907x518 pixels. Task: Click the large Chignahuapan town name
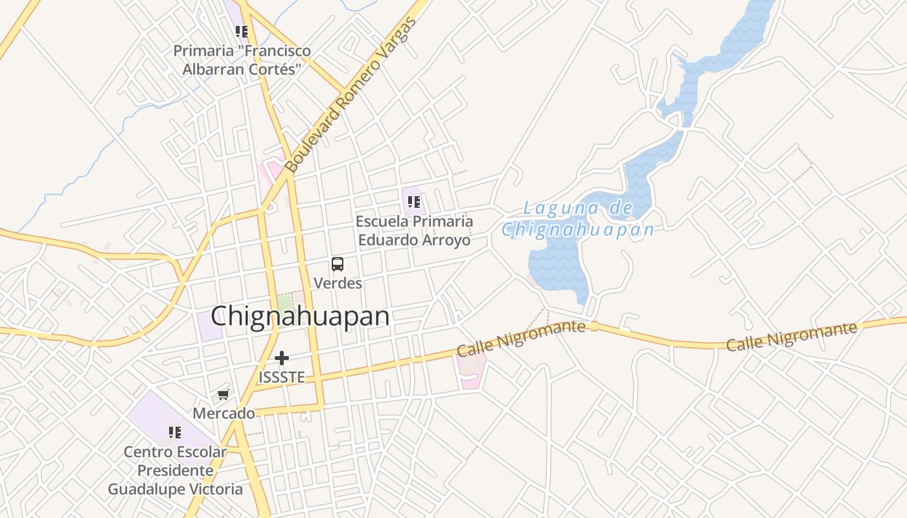point(300,316)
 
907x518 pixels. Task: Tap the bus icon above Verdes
point(338,264)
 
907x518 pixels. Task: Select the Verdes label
point(338,283)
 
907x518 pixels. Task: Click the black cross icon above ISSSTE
point(281,357)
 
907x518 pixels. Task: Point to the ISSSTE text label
point(281,377)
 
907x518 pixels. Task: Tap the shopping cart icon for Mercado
point(224,394)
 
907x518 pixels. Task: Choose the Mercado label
point(224,413)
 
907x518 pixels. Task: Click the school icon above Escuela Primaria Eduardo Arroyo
point(414,201)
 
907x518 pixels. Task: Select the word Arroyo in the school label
point(446,240)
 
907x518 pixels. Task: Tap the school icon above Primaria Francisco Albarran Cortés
point(242,31)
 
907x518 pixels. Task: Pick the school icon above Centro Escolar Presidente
point(175,432)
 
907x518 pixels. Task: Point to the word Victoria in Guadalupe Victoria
point(212,489)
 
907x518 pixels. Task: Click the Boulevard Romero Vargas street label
point(350,96)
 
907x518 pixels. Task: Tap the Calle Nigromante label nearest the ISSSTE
point(521,337)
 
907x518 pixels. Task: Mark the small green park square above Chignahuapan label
point(285,303)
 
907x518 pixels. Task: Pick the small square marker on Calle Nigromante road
point(594,327)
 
